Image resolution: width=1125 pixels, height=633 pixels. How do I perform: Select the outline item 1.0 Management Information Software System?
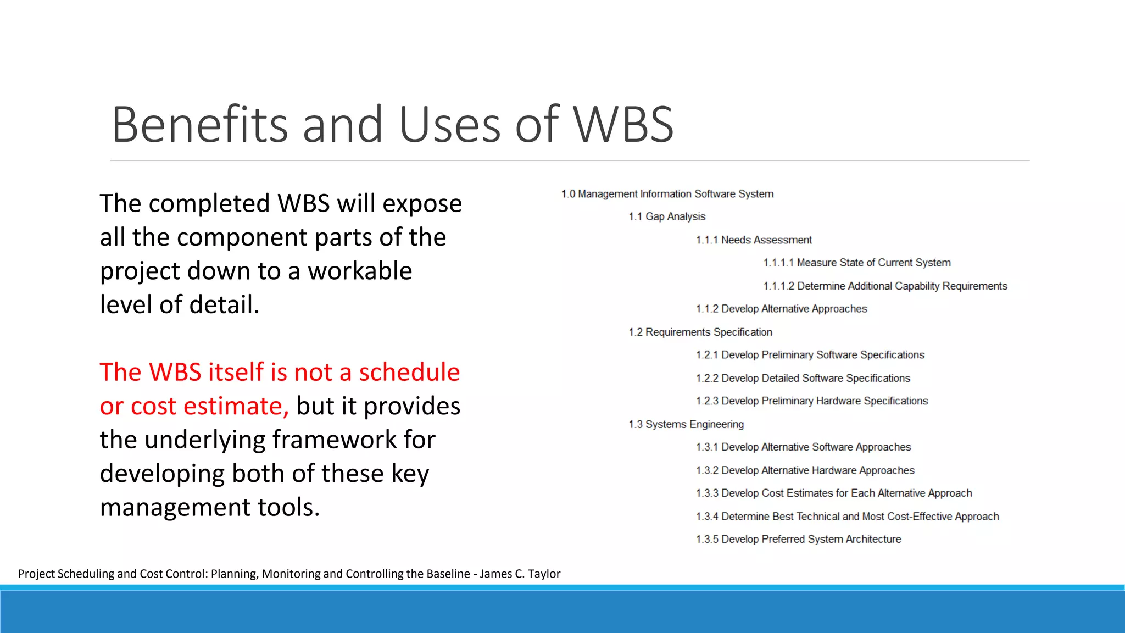point(667,194)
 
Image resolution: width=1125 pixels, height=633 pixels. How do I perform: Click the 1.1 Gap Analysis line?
point(667,217)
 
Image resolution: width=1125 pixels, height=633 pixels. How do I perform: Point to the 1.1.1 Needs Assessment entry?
point(754,240)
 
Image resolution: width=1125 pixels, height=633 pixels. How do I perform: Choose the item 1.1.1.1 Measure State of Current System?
point(857,263)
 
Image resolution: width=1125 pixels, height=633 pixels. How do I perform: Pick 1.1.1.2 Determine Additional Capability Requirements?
point(885,286)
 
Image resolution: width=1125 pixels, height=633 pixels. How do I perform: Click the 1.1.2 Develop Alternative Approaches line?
point(781,309)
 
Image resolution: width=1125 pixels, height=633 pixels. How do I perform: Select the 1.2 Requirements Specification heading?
point(700,332)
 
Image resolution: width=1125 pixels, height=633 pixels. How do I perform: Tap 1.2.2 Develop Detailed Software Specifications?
point(803,379)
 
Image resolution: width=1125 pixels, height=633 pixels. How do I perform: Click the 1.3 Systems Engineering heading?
point(686,425)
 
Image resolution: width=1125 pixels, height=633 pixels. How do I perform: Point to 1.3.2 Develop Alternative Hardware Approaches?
point(805,471)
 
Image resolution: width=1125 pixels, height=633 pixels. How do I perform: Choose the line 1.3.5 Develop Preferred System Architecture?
point(798,540)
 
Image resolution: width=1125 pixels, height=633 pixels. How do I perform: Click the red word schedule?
point(409,373)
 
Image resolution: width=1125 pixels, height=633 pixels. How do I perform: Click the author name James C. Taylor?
point(520,574)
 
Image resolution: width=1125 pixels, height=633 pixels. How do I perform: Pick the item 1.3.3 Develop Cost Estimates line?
point(834,493)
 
